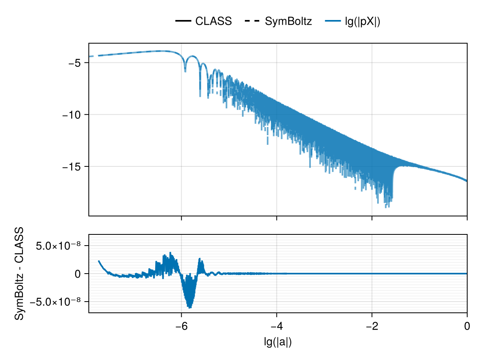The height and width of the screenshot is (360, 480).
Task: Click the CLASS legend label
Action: pyautogui.click(x=213, y=22)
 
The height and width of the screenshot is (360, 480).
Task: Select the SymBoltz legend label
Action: pyautogui.click(x=288, y=22)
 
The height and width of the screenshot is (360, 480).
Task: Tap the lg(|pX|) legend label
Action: pyautogui.click(x=362, y=22)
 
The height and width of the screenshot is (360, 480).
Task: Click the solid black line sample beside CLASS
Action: pyautogui.click(x=183, y=22)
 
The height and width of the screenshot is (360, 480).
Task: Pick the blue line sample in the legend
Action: pyautogui.click(x=332, y=22)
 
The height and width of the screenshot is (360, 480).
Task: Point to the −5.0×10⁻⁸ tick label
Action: pyautogui.click(x=59, y=301)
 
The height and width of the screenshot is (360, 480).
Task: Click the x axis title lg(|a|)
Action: pyautogui.click(x=278, y=342)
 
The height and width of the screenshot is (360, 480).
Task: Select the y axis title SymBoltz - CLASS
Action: pyautogui.click(x=19, y=274)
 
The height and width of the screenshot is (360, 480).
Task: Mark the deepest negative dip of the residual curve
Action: pyautogui.click(x=189, y=308)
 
